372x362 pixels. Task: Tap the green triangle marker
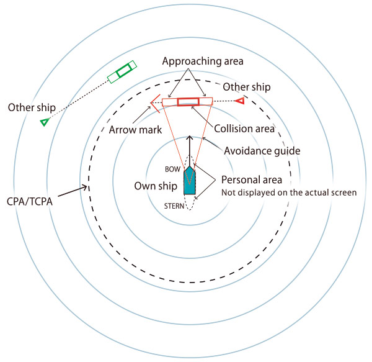coord(44,122)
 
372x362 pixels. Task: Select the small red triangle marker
coord(239,101)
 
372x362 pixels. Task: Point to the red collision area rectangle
coord(187,102)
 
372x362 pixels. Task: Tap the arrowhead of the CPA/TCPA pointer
coord(86,185)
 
